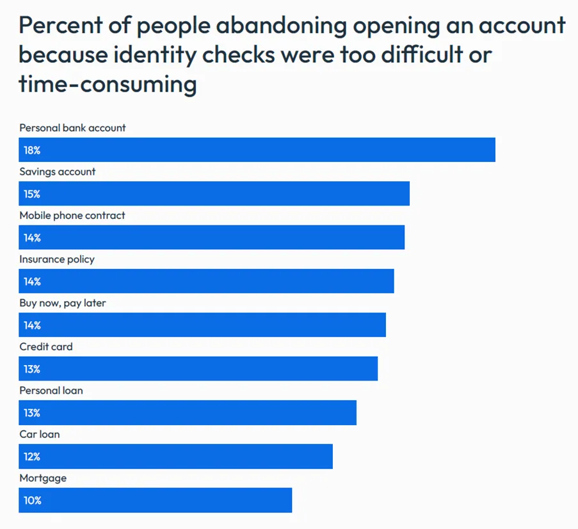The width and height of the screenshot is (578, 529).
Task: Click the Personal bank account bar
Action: coord(257,150)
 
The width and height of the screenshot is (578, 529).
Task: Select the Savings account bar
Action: coord(214,193)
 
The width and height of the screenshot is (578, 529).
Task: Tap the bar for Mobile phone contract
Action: coord(212,238)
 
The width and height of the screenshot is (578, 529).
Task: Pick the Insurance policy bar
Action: coord(206,281)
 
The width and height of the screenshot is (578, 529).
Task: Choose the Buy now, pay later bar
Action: coord(202,325)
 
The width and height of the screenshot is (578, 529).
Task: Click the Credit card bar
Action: coord(198,369)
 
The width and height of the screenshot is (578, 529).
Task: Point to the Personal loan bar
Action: coord(188,412)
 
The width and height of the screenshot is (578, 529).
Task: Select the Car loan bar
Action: coord(176,457)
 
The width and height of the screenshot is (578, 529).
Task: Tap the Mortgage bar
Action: coord(156,500)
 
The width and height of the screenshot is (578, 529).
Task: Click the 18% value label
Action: coord(32,151)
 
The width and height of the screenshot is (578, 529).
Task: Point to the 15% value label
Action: coord(32,194)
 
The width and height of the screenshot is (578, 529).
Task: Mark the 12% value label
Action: coord(32,457)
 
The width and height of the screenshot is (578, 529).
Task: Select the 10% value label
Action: coord(32,500)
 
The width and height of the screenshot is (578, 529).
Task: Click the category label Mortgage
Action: coord(43,478)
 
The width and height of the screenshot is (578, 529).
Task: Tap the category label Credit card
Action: coord(46,346)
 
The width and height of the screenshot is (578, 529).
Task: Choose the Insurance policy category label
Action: coord(57,259)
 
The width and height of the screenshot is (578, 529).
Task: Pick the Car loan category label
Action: coord(40,434)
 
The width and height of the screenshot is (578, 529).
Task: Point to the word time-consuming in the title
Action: coord(108,84)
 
